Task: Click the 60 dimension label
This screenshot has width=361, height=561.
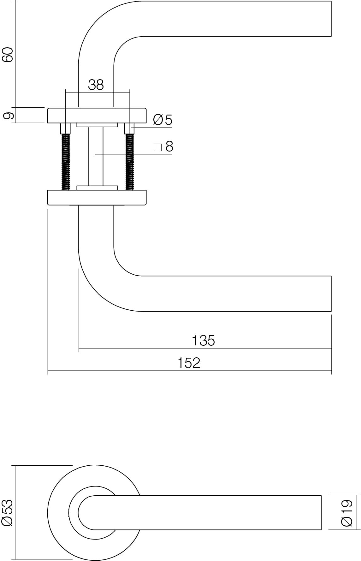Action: click(x=8, y=55)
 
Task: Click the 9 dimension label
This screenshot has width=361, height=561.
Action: click(x=9, y=116)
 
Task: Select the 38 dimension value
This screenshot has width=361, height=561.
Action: click(x=96, y=85)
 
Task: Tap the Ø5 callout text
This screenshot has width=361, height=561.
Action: click(x=163, y=120)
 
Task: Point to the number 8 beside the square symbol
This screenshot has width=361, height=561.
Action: click(x=169, y=147)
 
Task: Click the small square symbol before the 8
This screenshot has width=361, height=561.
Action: click(x=158, y=147)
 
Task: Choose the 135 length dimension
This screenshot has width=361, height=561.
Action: click(x=204, y=340)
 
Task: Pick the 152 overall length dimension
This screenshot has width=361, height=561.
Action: click(x=188, y=363)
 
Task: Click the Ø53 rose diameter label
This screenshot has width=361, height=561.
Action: click(x=8, y=513)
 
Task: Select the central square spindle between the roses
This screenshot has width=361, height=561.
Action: click(x=96, y=156)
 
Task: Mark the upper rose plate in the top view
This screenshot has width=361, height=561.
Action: click(x=97, y=116)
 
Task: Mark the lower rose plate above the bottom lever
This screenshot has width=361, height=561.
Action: click(x=97, y=198)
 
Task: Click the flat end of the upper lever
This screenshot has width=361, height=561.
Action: click(x=330, y=19)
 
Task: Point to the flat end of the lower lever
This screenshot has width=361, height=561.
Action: click(x=330, y=294)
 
